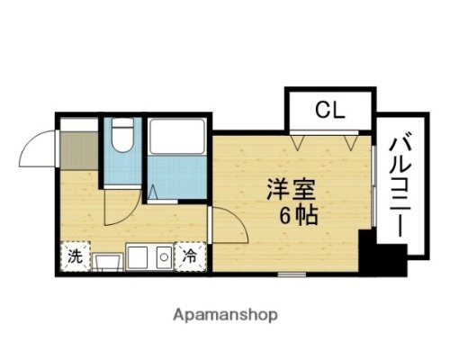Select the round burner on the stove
pyautogui.click(x=163, y=258)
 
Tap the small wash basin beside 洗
pyautogui.click(x=109, y=261)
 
